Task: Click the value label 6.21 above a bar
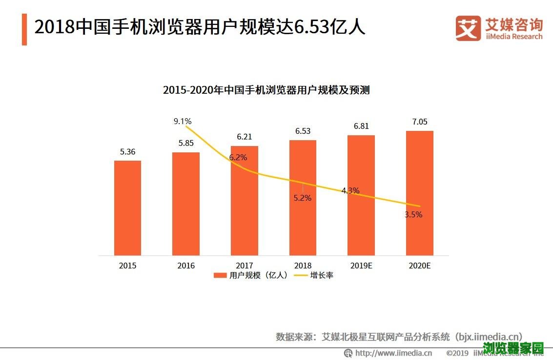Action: coord(245,137)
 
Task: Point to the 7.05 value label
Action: coord(419,122)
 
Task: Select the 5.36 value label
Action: coord(127,151)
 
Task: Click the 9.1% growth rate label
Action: coord(183,121)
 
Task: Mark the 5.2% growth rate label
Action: coord(303,198)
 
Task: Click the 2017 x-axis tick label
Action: coord(245,266)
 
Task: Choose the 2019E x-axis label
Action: coord(361,266)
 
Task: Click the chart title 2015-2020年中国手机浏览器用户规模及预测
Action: coord(266,90)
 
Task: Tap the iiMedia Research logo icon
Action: coord(468,28)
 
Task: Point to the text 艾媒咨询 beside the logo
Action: coord(513,23)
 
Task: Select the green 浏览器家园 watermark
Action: coord(513,348)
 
